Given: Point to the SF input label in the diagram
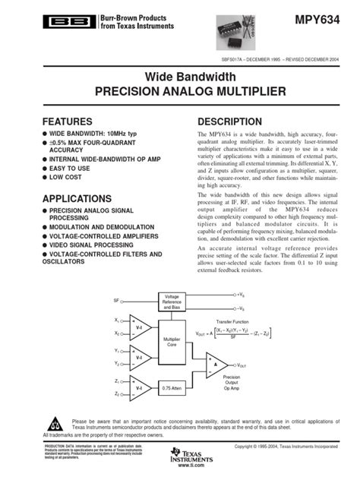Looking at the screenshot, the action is [115, 300].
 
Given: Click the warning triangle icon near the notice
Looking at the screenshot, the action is [55, 422].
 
